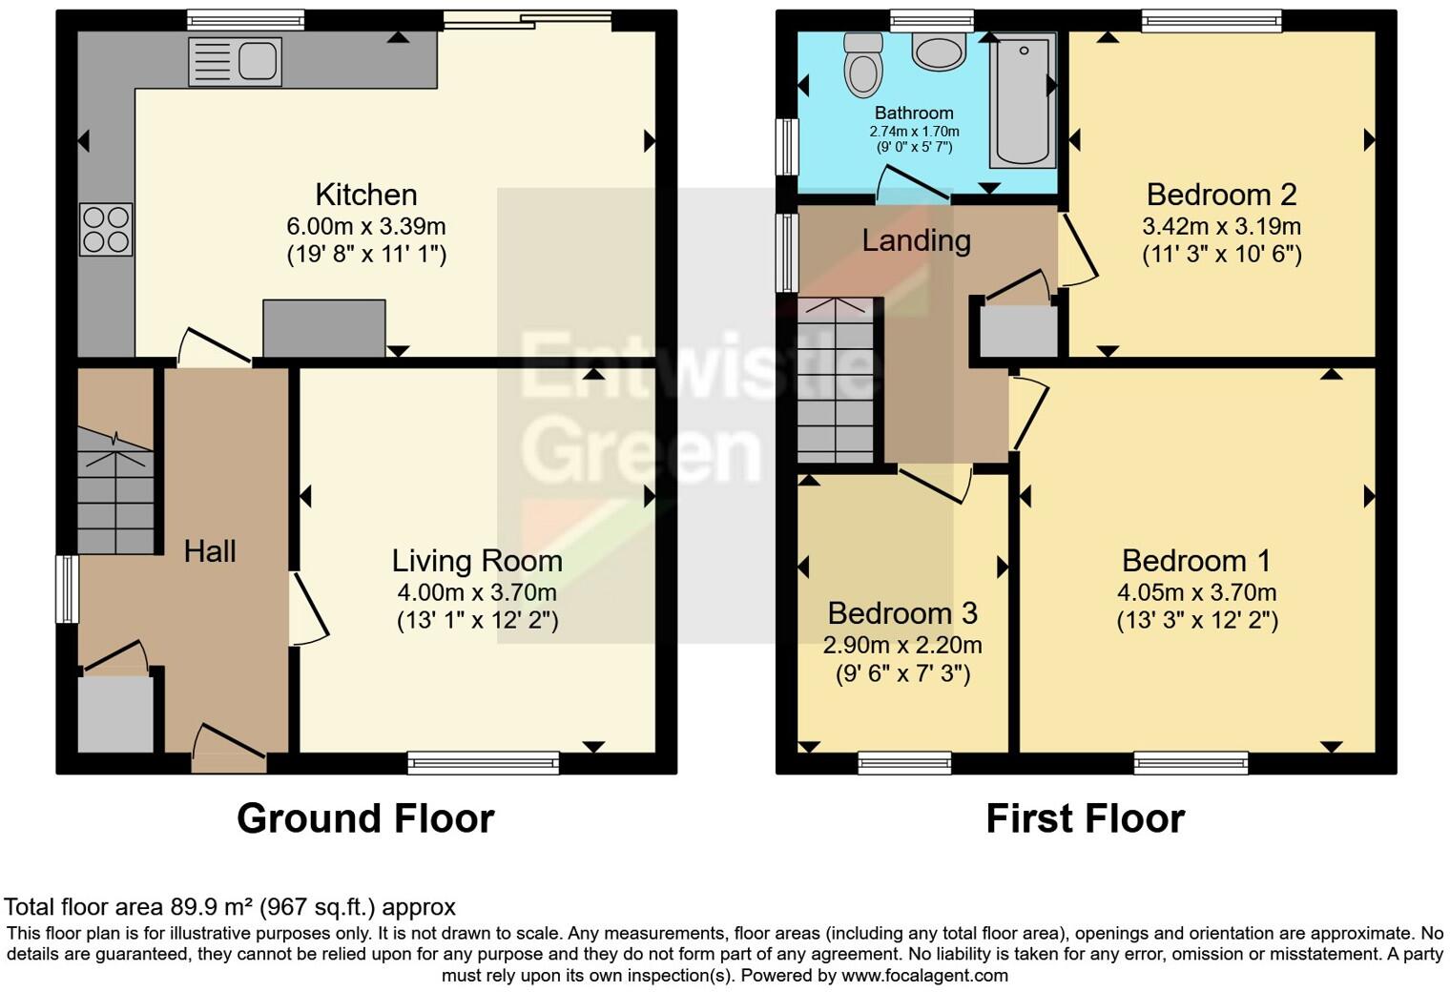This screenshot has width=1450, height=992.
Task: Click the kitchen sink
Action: coord(235,62)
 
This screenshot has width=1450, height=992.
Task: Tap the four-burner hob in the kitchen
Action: coord(106,230)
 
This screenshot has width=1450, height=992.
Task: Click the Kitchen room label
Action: coord(366,195)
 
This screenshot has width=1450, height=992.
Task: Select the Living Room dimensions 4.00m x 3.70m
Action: coord(477,592)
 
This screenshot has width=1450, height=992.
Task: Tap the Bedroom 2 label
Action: coord(1221,195)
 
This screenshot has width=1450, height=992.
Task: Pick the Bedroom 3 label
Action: coord(902,613)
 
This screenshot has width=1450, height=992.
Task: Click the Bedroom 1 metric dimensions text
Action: coord(1197,592)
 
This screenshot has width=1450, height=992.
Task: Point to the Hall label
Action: coord(210,551)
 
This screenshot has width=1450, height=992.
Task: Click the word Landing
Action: coord(916,240)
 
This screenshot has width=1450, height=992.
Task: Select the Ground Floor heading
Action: coord(365,818)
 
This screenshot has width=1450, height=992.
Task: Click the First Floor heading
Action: coord(1085,818)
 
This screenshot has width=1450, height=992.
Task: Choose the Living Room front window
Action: coord(483,761)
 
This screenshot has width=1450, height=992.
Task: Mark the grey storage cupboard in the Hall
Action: coord(114,714)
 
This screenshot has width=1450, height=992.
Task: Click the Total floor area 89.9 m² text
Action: coord(230,906)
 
